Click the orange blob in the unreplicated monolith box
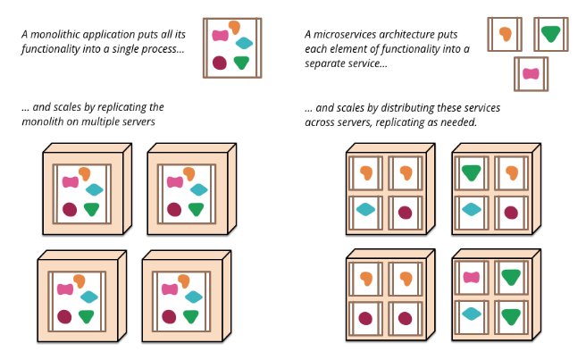click(x=235, y=27)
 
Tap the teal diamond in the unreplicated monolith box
click(x=244, y=43)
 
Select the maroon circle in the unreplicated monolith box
click(x=220, y=63)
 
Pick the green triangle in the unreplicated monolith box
click(x=242, y=63)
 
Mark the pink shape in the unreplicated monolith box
click(x=221, y=36)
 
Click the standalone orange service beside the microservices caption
click(x=505, y=35)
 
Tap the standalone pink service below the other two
click(x=531, y=73)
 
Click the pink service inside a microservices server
click(x=473, y=278)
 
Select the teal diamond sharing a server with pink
click(x=473, y=313)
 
